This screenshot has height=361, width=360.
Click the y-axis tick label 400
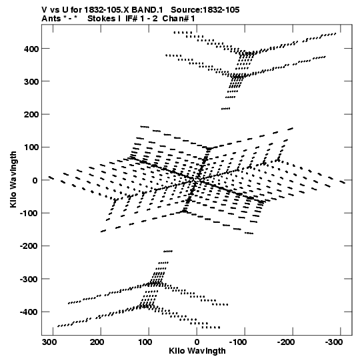click(x=31, y=49)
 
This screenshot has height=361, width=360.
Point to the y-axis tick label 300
click(x=31, y=81)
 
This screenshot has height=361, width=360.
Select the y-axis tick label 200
click(x=31, y=114)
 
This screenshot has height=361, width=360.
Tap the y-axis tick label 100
click(x=31, y=147)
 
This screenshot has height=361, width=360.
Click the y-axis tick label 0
click(x=35, y=180)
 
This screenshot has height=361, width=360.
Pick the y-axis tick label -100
click(x=29, y=213)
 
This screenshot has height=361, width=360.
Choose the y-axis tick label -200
click(x=29, y=246)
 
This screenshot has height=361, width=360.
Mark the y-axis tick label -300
click(x=29, y=279)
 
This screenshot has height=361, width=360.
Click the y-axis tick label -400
click(x=29, y=312)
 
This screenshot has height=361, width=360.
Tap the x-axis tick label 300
click(x=49, y=342)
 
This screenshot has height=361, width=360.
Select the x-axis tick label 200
click(x=97, y=342)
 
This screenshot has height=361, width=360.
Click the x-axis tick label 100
click(x=145, y=342)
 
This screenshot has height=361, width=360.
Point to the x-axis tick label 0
click(x=197, y=342)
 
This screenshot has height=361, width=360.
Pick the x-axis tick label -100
click(x=238, y=342)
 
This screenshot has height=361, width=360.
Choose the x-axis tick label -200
click(x=286, y=342)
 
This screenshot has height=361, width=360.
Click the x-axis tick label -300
click(x=334, y=342)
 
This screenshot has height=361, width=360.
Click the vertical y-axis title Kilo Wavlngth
click(x=13, y=179)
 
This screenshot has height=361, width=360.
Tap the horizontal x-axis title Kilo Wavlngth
click(x=197, y=351)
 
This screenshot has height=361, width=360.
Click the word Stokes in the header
click(x=101, y=19)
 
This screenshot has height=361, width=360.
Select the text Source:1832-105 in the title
click(x=205, y=10)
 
